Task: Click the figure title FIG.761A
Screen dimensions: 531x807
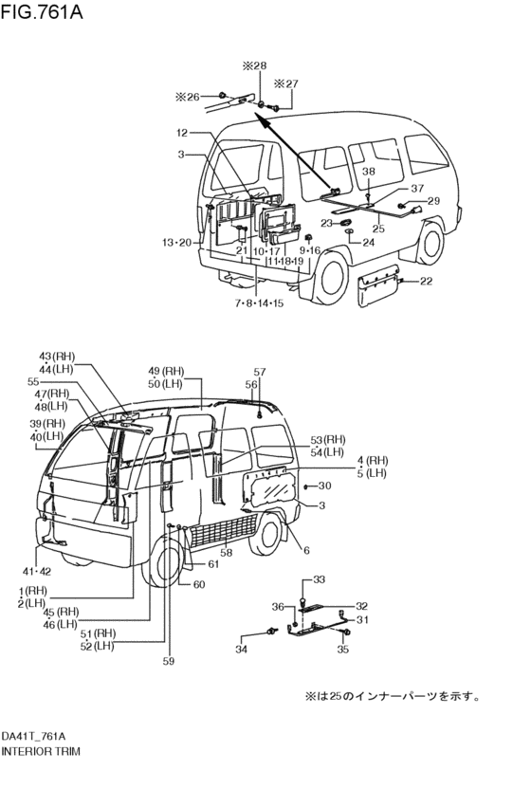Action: click(x=42, y=11)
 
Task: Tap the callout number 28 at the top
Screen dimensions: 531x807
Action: click(x=261, y=65)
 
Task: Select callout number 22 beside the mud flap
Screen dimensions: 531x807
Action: click(x=426, y=281)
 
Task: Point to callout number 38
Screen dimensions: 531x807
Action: click(x=369, y=172)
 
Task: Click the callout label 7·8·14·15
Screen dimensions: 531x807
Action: click(x=259, y=303)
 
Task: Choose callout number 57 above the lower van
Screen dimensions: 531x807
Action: click(x=259, y=372)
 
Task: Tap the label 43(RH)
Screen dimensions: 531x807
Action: click(x=57, y=357)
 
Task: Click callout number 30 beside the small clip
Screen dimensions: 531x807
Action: click(x=324, y=486)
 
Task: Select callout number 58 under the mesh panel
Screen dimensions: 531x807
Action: click(x=226, y=552)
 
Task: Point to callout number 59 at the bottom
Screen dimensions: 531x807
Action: click(x=168, y=661)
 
